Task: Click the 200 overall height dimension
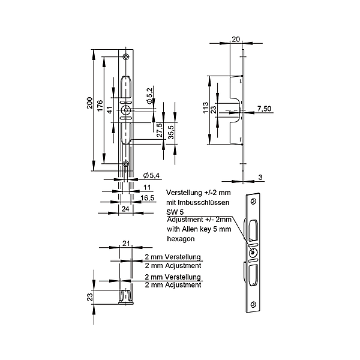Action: click(90, 103)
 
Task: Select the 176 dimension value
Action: click(100, 106)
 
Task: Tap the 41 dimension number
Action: click(110, 110)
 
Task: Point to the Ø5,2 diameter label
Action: click(149, 95)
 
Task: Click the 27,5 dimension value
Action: click(160, 130)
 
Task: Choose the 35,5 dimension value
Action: click(171, 133)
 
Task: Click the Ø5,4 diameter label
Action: click(151, 176)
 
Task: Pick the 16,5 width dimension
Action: click(148, 197)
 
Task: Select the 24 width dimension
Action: click(125, 209)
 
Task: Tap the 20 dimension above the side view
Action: click(236, 39)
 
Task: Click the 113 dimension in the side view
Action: click(206, 107)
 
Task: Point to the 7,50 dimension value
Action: click(264, 109)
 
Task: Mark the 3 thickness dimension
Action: click(260, 177)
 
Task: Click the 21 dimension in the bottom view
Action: click(126, 244)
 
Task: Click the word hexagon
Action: click(181, 239)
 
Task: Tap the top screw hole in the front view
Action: click(125, 57)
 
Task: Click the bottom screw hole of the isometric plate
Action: click(253, 304)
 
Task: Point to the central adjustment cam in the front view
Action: click(126, 110)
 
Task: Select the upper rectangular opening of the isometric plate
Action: click(253, 230)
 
